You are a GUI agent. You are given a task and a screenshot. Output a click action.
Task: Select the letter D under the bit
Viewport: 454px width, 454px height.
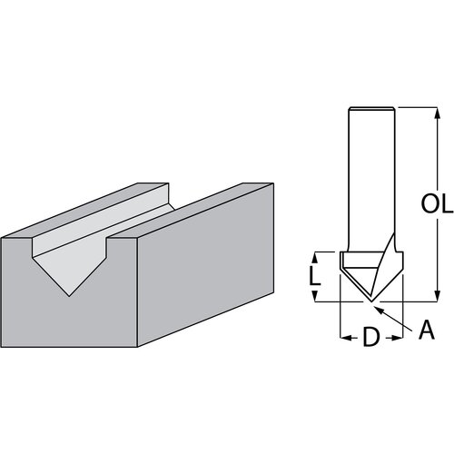370,338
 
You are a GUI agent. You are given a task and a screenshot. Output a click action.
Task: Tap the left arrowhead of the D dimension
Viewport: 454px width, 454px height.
343,338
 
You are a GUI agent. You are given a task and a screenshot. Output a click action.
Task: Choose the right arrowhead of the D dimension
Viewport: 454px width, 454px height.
400,338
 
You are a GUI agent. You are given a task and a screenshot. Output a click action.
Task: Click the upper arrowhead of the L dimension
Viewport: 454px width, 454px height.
316,254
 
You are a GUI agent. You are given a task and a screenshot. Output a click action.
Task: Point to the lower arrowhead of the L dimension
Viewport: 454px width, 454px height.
316,298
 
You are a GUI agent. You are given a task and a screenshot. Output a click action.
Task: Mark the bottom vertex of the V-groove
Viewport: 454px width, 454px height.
70,296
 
